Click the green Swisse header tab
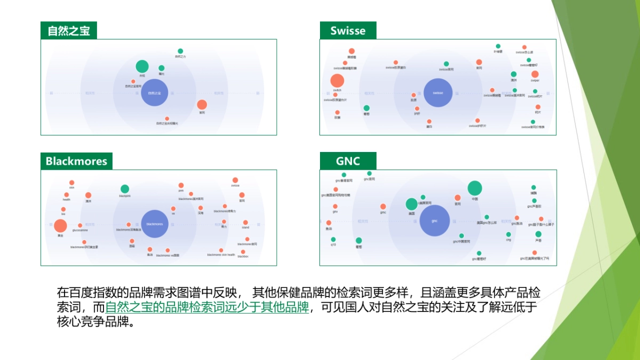click(348, 30)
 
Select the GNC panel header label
click(348, 161)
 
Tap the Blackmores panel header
click(76, 161)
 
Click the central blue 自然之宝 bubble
click(155, 93)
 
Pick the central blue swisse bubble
click(438, 93)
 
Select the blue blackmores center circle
click(155, 223)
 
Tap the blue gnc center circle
click(434, 221)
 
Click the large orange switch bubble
click(337, 81)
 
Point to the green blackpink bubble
click(125, 189)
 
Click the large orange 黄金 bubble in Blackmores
click(61, 226)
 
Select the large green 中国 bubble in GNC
click(475, 188)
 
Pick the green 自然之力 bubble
click(180, 51)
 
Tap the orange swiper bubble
click(535, 74)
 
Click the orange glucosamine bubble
click(80, 226)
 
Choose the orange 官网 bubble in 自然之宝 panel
click(202, 105)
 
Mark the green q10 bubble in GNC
click(333, 239)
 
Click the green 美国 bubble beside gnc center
click(411, 204)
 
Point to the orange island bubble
click(245, 222)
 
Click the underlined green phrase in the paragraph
click(207, 308)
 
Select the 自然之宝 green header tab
click(69, 30)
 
